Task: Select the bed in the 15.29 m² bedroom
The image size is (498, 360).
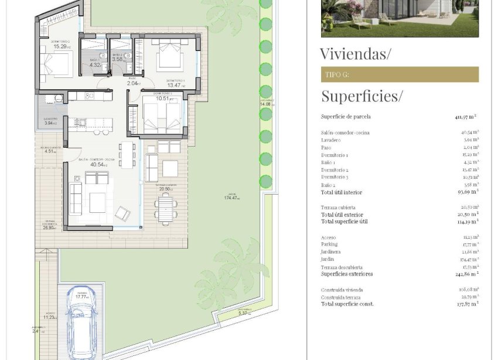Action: [x=56, y=64]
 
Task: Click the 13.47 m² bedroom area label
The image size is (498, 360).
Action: [x=175, y=86]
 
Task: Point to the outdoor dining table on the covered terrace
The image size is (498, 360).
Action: [x=166, y=208]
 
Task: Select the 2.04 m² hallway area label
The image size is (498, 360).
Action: [x=134, y=84]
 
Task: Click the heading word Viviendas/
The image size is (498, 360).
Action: [x=355, y=54]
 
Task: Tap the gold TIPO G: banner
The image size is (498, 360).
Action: [x=400, y=74]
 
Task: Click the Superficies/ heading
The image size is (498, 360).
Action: [x=361, y=96]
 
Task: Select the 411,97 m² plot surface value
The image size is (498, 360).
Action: [x=465, y=117]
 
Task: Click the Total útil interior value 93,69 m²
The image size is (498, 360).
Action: [x=468, y=192]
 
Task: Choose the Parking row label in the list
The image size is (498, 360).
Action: [x=329, y=244]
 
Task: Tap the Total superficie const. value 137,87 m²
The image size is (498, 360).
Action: [x=468, y=304]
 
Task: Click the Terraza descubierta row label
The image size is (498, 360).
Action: [x=341, y=267]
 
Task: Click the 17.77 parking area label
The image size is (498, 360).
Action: [x=81, y=297]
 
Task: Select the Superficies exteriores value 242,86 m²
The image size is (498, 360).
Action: [x=468, y=274]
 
